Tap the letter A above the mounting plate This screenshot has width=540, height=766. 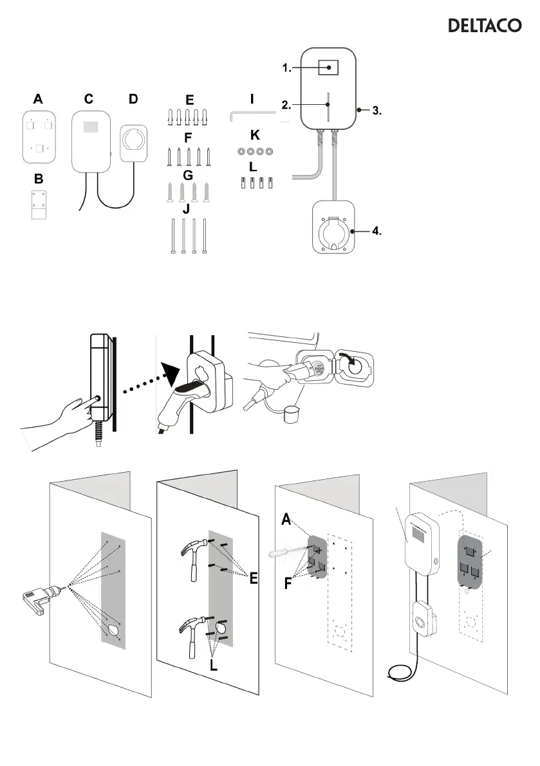pyautogui.click(x=39, y=99)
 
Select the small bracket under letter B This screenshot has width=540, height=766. pyautogui.click(x=40, y=205)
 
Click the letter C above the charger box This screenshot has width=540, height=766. pyautogui.click(x=89, y=99)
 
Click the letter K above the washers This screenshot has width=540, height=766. pyautogui.click(x=255, y=136)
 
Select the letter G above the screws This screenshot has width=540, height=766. pyautogui.click(x=188, y=175)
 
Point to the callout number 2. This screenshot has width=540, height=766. pyautogui.click(x=288, y=104)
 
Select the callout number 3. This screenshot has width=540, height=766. pyautogui.click(x=377, y=111)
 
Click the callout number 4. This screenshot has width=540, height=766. pyautogui.click(x=377, y=232)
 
